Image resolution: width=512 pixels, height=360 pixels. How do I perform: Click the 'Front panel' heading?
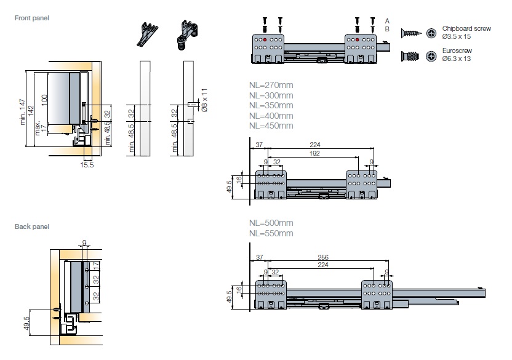[x=32, y=18]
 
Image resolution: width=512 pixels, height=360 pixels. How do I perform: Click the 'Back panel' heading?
[x=32, y=226]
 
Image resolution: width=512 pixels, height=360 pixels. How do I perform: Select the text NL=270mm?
[x=271, y=85]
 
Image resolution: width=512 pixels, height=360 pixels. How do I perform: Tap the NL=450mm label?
[x=271, y=126]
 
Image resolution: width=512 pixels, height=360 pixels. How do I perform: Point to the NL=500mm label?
[x=271, y=223]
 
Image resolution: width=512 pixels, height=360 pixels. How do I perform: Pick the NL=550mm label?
[x=271, y=233]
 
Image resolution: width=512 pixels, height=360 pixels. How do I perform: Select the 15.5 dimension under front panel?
[x=87, y=164]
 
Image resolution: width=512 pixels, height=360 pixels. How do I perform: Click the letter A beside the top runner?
[x=387, y=20]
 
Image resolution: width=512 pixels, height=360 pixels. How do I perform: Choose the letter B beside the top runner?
[x=387, y=28]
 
